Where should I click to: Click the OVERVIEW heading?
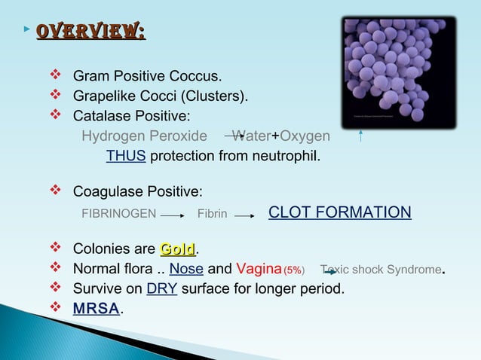point(90,32)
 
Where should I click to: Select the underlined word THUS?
point(125,157)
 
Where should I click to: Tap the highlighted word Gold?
point(177,249)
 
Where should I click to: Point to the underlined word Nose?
point(186,269)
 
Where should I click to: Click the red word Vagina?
point(259,269)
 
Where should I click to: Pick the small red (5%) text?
point(294,270)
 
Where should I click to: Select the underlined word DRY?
point(162,288)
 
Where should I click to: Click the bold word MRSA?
point(96,309)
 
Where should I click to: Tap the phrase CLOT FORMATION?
point(339,212)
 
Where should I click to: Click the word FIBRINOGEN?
point(118,214)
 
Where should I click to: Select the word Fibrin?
point(212,214)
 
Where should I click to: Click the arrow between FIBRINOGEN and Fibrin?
point(173,215)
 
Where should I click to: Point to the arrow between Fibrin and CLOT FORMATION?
point(246,215)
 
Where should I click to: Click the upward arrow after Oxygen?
point(363,136)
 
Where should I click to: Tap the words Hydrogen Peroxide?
point(144,136)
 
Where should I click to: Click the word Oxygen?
point(305,136)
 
